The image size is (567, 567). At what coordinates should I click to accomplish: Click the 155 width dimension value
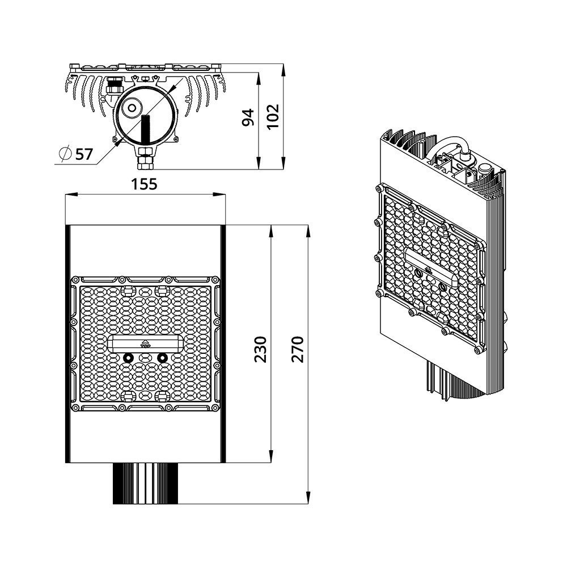coord(145,184)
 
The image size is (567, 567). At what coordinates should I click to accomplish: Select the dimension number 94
coord(248,117)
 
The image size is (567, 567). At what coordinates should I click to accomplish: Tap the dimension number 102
coord(273,117)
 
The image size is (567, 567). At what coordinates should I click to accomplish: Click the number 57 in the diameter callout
coord(83,153)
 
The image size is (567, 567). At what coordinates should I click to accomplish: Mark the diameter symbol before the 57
coord(65,153)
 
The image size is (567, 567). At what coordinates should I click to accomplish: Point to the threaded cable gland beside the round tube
coord(112,88)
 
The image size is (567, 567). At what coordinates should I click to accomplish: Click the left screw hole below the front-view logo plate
coord(128,358)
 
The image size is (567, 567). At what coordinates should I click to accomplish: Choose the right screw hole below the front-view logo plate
coord(163,358)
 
